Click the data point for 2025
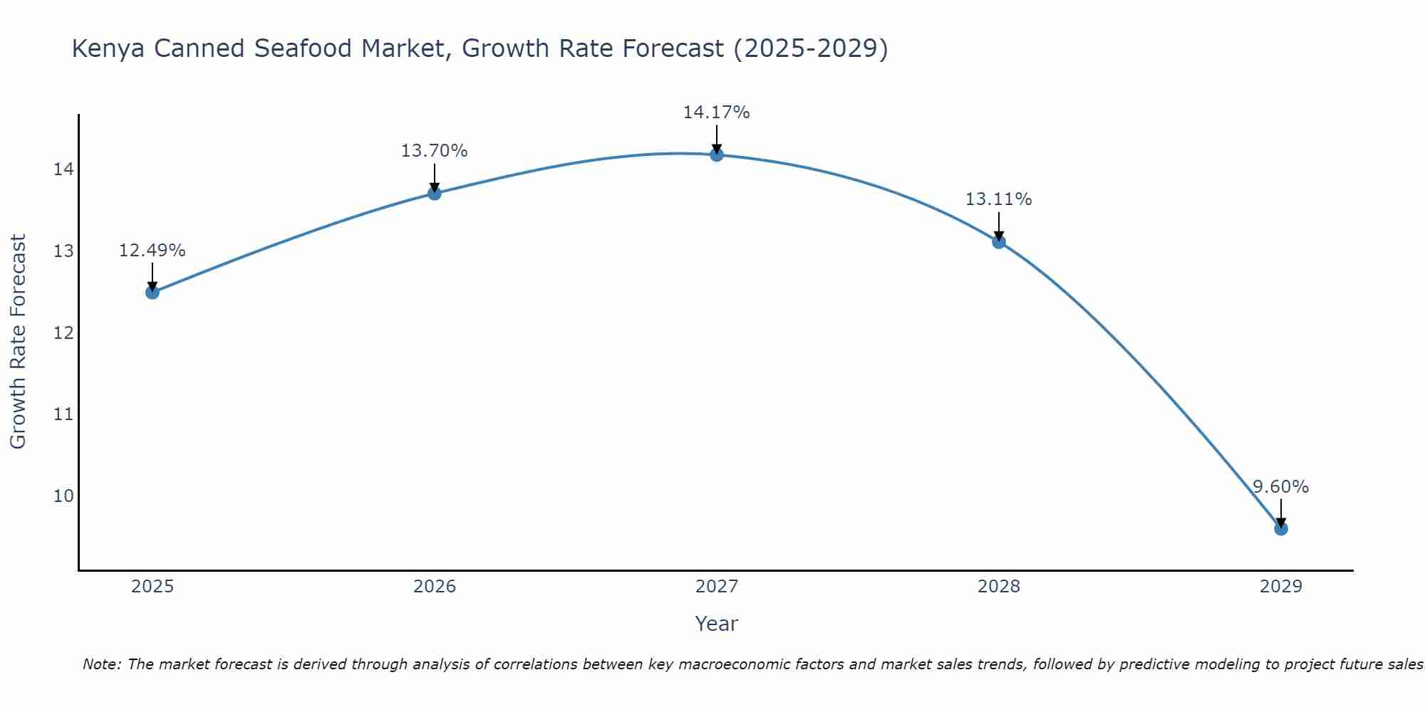(152, 292)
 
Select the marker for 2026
(435, 193)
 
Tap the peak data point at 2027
(717, 155)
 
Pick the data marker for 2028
(999, 241)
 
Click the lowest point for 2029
(1281, 528)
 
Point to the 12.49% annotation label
(152, 251)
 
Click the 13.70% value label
(435, 151)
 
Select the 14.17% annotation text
(717, 112)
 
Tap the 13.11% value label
(999, 199)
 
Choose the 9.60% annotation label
(1281, 487)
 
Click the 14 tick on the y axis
(63, 169)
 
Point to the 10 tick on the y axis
(63, 496)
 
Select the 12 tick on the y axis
(63, 333)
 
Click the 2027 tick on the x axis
(717, 587)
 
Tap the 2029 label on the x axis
(1281, 587)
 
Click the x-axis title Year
(717, 624)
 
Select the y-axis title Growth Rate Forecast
(18, 342)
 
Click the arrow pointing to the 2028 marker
(999, 226)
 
